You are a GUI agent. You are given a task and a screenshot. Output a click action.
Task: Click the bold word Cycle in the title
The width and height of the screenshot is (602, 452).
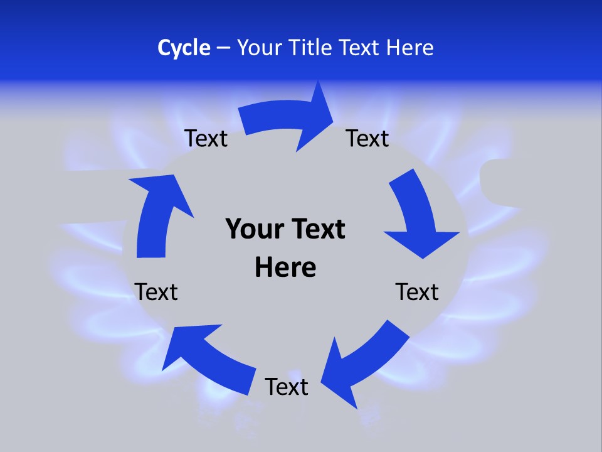[184, 48]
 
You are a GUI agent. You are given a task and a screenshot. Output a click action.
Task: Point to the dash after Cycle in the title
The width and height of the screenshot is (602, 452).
[223, 48]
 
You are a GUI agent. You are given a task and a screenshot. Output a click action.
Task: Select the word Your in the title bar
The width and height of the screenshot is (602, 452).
[257, 48]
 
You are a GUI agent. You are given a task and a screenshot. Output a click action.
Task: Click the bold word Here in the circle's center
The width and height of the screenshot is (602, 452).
[285, 267]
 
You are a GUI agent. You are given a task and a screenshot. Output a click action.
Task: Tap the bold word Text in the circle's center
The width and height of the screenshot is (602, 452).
[317, 229]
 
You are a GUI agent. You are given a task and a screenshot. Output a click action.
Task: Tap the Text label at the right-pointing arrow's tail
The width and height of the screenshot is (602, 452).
[206, 138]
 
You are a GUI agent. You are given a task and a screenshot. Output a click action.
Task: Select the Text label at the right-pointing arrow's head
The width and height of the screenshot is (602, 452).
[367, 138]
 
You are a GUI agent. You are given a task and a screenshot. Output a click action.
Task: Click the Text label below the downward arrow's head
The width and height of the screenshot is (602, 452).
[417, 292]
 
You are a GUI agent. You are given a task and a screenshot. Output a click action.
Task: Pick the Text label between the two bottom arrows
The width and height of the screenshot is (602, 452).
[287, 387]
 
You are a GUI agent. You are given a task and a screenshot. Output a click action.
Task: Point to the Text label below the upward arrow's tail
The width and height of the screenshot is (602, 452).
[156, 292]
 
